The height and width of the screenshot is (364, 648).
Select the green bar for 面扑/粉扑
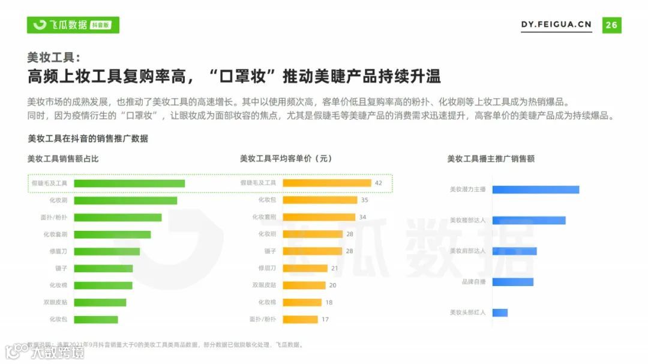pyautogui.click(x=117, y=218)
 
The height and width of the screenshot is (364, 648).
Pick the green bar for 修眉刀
pyautogui.click(x=106, y=252)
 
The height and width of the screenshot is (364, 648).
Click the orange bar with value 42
pyautogui.click(x=327, y=183)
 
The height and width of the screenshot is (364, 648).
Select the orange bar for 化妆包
pyautogui.click(x=320, y=200)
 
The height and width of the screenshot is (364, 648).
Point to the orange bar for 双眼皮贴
pyautogui.click(x=304, y=285)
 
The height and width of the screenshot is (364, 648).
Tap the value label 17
pyautogui.click(x=325, y=320)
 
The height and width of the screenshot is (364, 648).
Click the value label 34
pyautogui.click(x=362, y=217)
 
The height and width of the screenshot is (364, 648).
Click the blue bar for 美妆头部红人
pyautogui.click(x=500, y=312)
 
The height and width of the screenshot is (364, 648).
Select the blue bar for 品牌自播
pyautogui.click(x=512, y=282)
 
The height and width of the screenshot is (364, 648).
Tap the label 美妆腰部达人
pyautogui.click(x=468, y=220)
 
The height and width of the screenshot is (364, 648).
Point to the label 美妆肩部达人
pyautogui.click(x=468, y=251)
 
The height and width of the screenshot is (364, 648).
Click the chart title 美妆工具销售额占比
pyautogui.click(x=63, y=159)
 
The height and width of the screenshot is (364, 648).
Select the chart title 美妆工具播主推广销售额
pyautogui.click(x=491, y=159)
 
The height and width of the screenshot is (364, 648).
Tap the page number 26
pyautogui.click(x=611, y=25)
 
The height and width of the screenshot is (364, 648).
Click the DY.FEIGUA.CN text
pyautogui.click(x=556, y=25)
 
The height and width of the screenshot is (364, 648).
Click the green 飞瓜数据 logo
pyautogui.click(x=73, y=25)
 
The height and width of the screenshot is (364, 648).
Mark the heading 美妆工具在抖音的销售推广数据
pyautogui.click(x=88, y=139)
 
